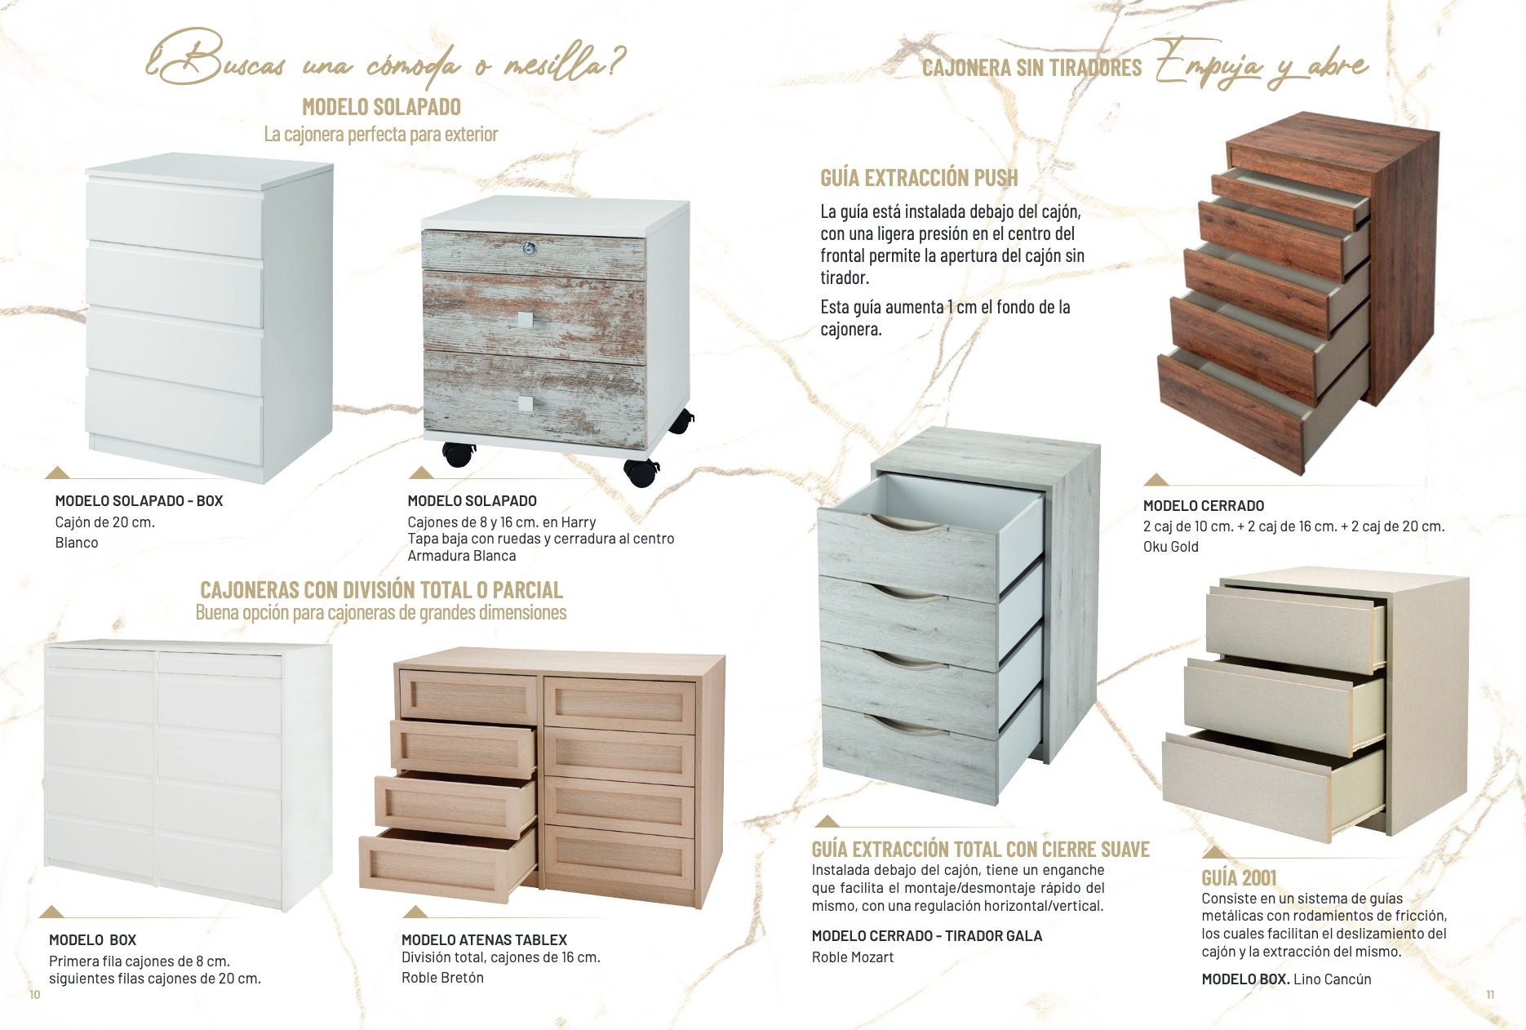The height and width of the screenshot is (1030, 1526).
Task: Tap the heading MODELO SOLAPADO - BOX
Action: (x=139, y=501)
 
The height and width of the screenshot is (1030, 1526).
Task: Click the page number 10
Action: (x=34, y=994)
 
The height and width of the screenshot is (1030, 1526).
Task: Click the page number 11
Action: (x=1490, y=994)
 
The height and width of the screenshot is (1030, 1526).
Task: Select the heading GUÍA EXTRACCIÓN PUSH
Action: (x=919, y=178)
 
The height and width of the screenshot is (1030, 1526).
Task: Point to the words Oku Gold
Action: (x=1171, y=547)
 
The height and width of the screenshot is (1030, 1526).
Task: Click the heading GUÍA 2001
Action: (x=1239, y=878)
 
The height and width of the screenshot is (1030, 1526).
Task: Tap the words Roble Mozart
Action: (x=853, y=957)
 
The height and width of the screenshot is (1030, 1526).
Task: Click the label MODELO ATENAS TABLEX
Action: (x=484, y=940)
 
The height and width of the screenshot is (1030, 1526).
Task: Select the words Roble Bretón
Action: (x=442, y=978)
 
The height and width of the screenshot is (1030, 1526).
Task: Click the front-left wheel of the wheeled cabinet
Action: (x=459, y=454)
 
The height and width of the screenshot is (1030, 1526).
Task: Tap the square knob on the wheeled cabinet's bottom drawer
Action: (x=526, y=403)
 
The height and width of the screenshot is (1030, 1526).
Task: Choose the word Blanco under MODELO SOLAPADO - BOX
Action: (x=77, y=543)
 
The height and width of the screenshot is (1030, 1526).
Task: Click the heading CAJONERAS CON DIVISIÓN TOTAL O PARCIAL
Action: (x=381, y=589)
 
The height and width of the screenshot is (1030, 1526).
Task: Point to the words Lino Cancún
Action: (x=1333, y=979)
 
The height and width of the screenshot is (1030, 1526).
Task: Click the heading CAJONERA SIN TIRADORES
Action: (x=1032, y=68)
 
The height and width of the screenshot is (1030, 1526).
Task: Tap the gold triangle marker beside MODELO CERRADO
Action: (x=1156, y=479)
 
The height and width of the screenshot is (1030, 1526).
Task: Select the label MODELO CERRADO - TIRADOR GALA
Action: (x=927, y=936)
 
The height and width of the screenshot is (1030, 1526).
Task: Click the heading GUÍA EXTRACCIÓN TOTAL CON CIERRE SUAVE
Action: (x=980, y=850)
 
